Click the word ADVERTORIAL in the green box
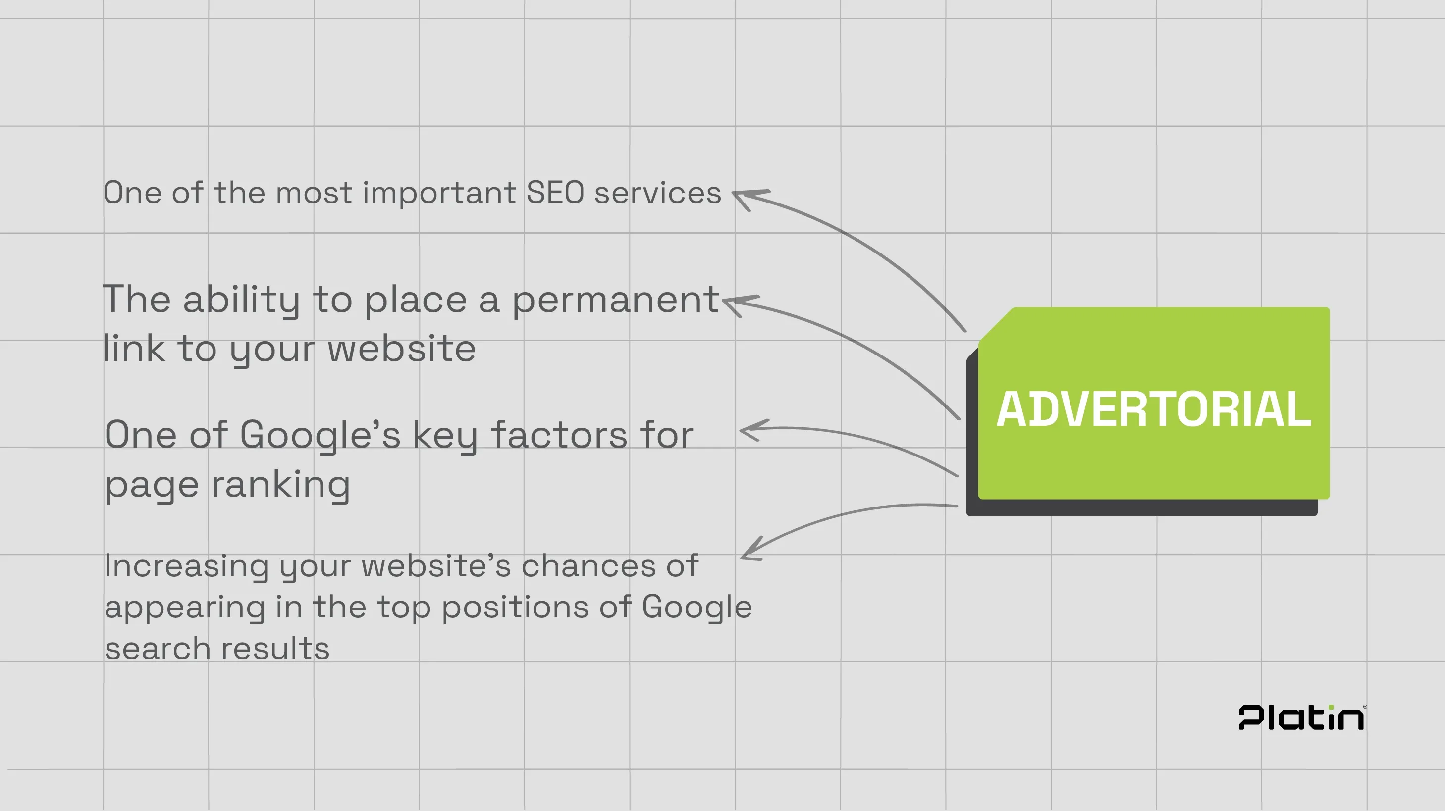coord(1153,409)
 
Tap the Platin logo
coord(1302,717)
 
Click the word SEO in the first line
coord(555,193)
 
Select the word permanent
coord(615,300)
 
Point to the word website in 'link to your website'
coord(402,349)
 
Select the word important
coord(439,193)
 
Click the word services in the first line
coord(657,193)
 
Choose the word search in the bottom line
coord(158,649)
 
